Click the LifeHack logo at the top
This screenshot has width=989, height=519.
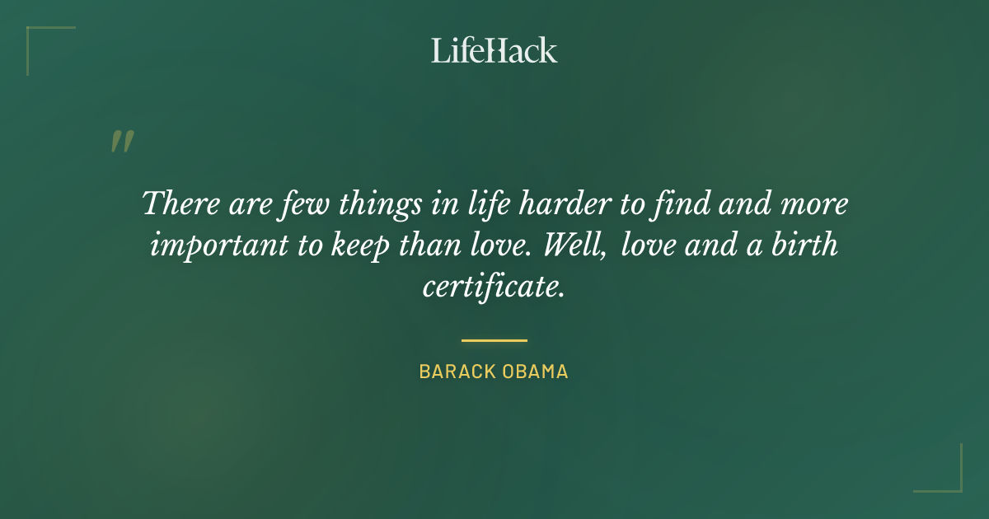[494, 50]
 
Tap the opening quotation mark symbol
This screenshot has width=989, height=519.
[121, 142]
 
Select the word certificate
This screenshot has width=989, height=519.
[493, 288]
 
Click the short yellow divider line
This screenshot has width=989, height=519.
[494, 339]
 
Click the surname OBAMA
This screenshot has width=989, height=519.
[536, 372]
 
